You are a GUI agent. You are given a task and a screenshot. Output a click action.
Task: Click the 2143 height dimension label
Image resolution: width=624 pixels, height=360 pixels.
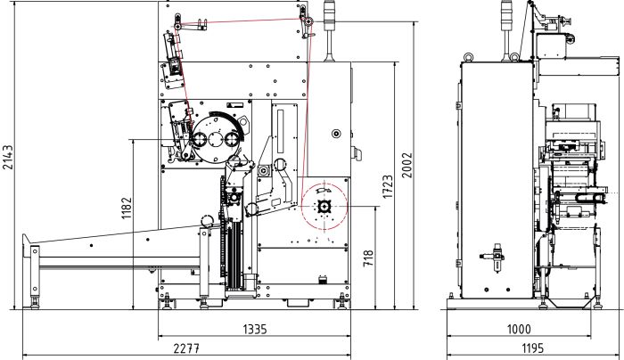[x=7, y=157]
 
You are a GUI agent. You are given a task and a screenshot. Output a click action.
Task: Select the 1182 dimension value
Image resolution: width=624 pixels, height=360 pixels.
[x=127, y=208]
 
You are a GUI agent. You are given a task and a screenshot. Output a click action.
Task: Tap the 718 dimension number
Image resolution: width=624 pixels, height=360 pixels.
[x=368, y=258]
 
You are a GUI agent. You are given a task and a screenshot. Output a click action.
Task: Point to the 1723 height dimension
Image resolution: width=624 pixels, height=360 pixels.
[x=388, y=186]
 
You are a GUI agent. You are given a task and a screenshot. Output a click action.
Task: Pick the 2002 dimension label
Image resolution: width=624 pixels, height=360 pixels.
[x=406, y=165]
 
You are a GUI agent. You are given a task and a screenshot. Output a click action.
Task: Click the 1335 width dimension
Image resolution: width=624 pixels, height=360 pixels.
[x=255, y=330]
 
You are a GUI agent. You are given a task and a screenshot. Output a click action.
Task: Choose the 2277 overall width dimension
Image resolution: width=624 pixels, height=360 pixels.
[x=186, y=348]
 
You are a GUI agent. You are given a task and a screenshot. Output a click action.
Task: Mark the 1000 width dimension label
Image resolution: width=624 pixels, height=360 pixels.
[x=519, y=330]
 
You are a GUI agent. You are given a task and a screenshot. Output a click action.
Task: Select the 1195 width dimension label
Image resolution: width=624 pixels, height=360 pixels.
[x=532, y=348]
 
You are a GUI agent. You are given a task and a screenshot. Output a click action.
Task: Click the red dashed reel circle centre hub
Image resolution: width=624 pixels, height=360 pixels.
[x=324, y=206]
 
